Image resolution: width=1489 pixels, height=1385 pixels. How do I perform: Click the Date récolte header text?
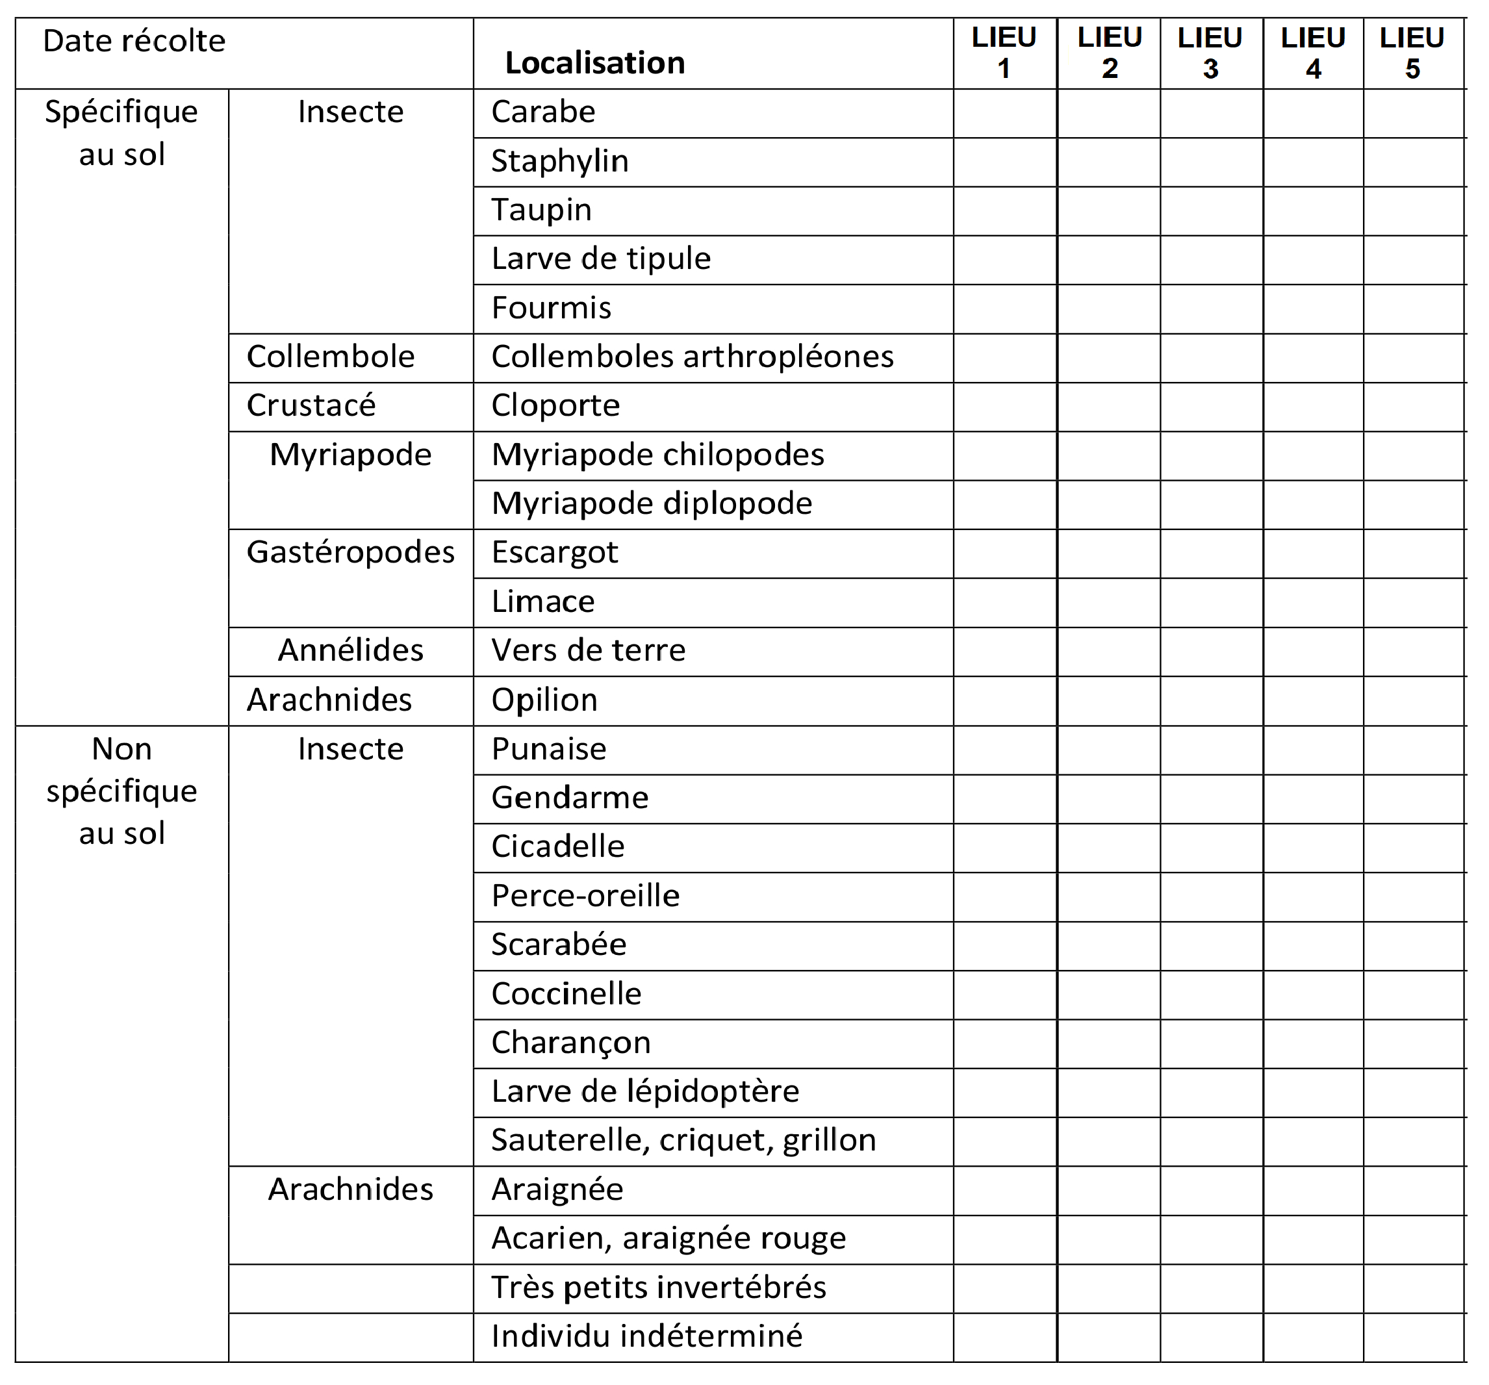[134, 41]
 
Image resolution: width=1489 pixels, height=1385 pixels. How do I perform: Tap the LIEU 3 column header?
[1210, 53]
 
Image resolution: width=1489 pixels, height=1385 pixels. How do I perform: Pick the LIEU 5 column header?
[1412, 53]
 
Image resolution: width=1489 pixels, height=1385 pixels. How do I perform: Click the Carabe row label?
[543, 112]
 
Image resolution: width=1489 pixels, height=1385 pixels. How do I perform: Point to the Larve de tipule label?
[601, 259]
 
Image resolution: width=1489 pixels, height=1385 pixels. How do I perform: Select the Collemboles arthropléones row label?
[692, 357]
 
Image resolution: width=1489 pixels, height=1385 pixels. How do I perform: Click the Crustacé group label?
[311, 406]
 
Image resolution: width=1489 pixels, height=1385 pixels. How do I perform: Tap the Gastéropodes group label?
[351, 553]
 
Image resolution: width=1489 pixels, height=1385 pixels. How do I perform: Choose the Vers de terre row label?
[588, 651]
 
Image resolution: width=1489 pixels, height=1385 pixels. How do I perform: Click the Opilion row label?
[544, 700]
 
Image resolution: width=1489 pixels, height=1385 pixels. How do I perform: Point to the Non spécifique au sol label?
[122, 791]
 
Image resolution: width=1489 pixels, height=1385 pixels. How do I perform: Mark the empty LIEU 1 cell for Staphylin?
[1004, 162]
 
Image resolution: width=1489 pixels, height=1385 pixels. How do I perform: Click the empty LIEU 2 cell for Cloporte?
[1108, 407]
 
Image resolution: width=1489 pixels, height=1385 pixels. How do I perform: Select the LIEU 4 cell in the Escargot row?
[1312, 553]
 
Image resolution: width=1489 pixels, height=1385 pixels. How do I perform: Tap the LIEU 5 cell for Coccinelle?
[1414, 995]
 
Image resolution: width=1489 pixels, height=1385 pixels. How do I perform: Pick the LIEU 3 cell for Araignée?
[1211, 1190]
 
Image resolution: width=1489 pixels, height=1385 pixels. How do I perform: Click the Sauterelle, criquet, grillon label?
[683, 1141]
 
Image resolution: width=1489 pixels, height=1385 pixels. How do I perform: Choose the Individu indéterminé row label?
[646, 1337]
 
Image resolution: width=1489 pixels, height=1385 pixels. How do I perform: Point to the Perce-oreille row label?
[585, 896]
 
